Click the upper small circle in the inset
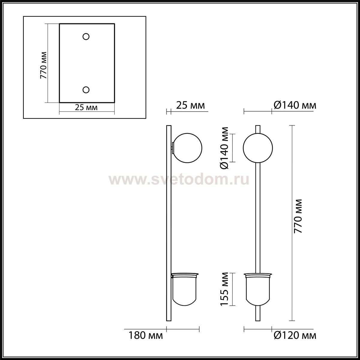pos(86,37)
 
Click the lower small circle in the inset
pos(86,90)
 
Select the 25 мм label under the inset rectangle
pos(86,107)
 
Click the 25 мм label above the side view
pos(190,105)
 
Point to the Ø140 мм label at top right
pos(295,105)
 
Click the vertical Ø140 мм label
pos(224,148)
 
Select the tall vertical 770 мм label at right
pos(298,216)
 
